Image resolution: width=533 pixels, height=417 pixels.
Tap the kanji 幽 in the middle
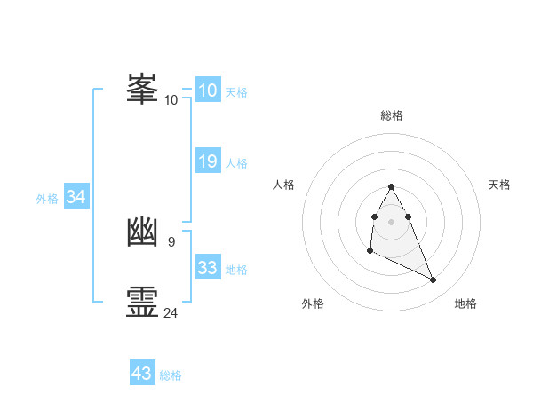point(143,232)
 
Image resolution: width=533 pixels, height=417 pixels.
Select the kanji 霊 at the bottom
point(143,303)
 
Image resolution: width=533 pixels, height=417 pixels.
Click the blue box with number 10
point(207,90)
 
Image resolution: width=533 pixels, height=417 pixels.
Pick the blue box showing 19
point(207,161)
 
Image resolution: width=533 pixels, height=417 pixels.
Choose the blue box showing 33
point(207,268)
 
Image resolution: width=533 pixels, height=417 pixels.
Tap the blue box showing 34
point(76,197)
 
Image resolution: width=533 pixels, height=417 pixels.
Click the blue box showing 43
point(141,374)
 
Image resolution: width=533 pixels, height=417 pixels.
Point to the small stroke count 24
point(171,312)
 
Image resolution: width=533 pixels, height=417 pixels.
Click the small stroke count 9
point(171,241)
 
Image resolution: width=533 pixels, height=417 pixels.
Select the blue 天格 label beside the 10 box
point(236,92)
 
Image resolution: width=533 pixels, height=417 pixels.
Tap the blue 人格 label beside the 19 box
point(236,163)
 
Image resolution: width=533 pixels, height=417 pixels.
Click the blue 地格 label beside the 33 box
point(236,270)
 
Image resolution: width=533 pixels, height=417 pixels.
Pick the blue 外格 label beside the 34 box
point(47,199)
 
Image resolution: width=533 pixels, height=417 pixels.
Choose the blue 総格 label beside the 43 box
point(171,375)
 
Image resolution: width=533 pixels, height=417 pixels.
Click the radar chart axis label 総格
point(392,115)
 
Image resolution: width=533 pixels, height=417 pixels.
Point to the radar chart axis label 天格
point(500,185)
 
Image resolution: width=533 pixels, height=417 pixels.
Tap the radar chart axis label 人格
point(283,185)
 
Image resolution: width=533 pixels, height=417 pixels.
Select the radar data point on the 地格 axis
point(434,280)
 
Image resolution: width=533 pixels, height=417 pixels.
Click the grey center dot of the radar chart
point(392,221)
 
